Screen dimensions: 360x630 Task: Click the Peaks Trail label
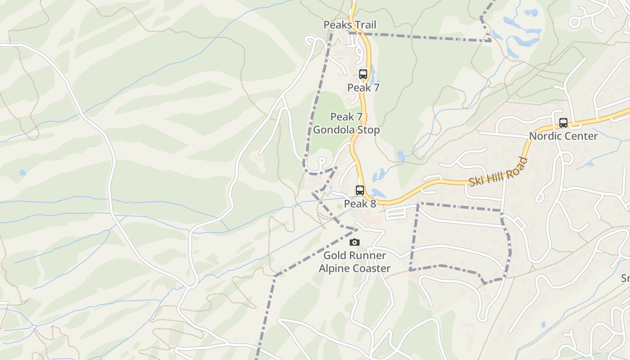[350, 25]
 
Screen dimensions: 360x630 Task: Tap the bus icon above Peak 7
[363, 74]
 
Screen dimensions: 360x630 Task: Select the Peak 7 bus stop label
[363, 88]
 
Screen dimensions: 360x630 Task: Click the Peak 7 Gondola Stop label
[346, 123]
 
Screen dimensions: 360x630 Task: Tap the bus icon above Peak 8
[360, 190]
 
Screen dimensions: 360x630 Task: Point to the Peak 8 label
[360, 204]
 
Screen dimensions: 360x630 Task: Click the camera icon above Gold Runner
[355, 243]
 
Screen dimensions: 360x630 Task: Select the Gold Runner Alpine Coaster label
[355, 262]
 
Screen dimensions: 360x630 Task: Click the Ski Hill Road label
[498, 171]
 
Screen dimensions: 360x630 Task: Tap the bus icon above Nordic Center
[563, 123]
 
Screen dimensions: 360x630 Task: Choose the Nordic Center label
[563, 136]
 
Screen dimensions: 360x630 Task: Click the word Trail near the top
[365, 25]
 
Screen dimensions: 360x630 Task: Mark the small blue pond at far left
[22, 172]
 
